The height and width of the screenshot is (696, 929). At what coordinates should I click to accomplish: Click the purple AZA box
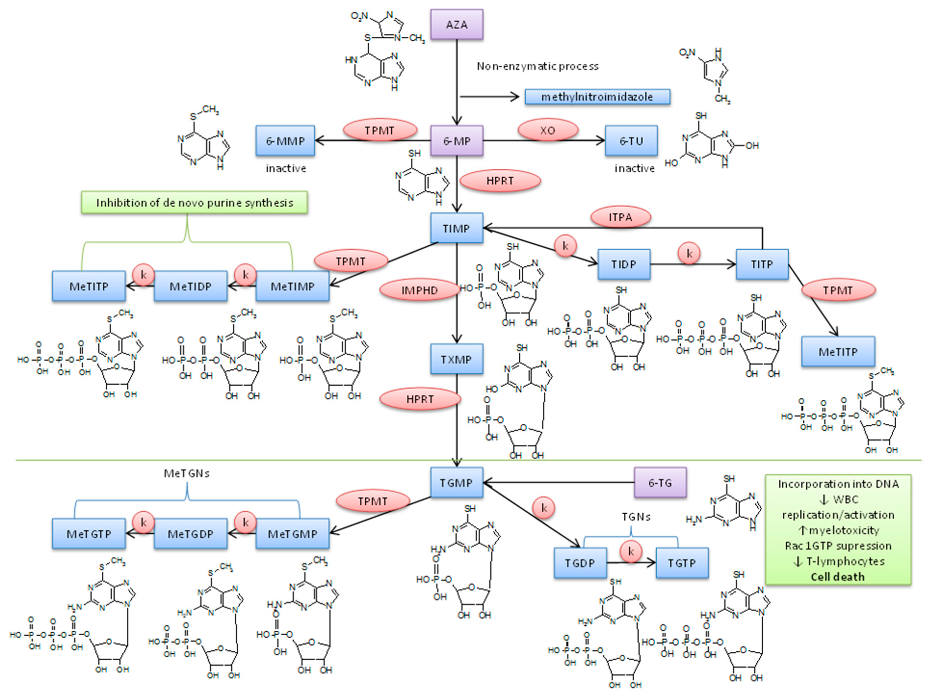(457, 25)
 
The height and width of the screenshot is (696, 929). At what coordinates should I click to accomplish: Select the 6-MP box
(457, 141)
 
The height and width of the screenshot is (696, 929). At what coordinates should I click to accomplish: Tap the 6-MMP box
(285, 141)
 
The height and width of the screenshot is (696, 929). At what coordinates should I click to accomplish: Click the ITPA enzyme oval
(620, 217)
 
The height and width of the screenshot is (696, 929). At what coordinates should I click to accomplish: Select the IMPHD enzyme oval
(419, 290)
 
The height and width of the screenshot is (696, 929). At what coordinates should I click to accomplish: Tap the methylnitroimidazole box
(597, 97)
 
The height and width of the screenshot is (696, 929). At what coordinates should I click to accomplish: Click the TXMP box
(457, 360)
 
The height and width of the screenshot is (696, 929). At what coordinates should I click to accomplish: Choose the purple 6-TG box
(660, 483)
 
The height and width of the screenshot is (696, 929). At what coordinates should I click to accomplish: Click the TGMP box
(457, 483)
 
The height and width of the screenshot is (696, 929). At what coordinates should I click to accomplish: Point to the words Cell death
(837, 577)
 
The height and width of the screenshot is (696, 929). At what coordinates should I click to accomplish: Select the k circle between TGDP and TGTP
(630, 551)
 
